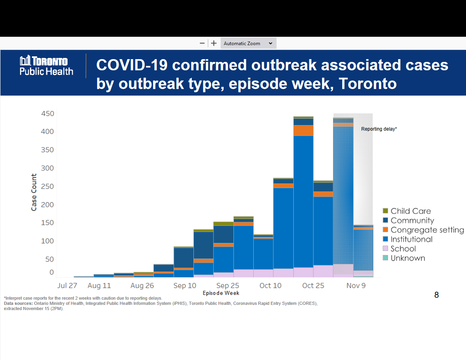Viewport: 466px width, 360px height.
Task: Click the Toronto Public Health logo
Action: point(46,66)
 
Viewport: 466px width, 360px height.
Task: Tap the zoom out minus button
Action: point(202,43)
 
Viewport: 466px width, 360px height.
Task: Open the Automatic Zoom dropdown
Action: point(248,43)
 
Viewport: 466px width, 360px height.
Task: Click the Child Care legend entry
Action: point(410,211)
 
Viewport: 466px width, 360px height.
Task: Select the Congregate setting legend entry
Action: point(427,230)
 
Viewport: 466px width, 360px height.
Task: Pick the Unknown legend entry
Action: point(408,258)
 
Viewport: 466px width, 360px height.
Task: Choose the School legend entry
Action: point(403,249)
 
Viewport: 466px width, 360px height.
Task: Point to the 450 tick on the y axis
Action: point(48,114)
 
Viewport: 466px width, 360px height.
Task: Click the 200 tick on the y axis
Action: point(48,205)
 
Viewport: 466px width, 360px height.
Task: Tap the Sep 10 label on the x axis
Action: point(185,286)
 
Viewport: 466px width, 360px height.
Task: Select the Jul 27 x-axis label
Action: point(67,286)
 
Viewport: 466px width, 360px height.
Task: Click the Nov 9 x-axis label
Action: point(356,286)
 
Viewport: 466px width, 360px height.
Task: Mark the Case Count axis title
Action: point(34,192)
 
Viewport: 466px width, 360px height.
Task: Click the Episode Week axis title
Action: point(221,293)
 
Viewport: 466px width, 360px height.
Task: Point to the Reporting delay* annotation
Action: point(379,129)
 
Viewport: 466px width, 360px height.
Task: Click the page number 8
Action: point(436,295)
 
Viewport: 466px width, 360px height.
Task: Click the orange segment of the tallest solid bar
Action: point(303,131)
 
